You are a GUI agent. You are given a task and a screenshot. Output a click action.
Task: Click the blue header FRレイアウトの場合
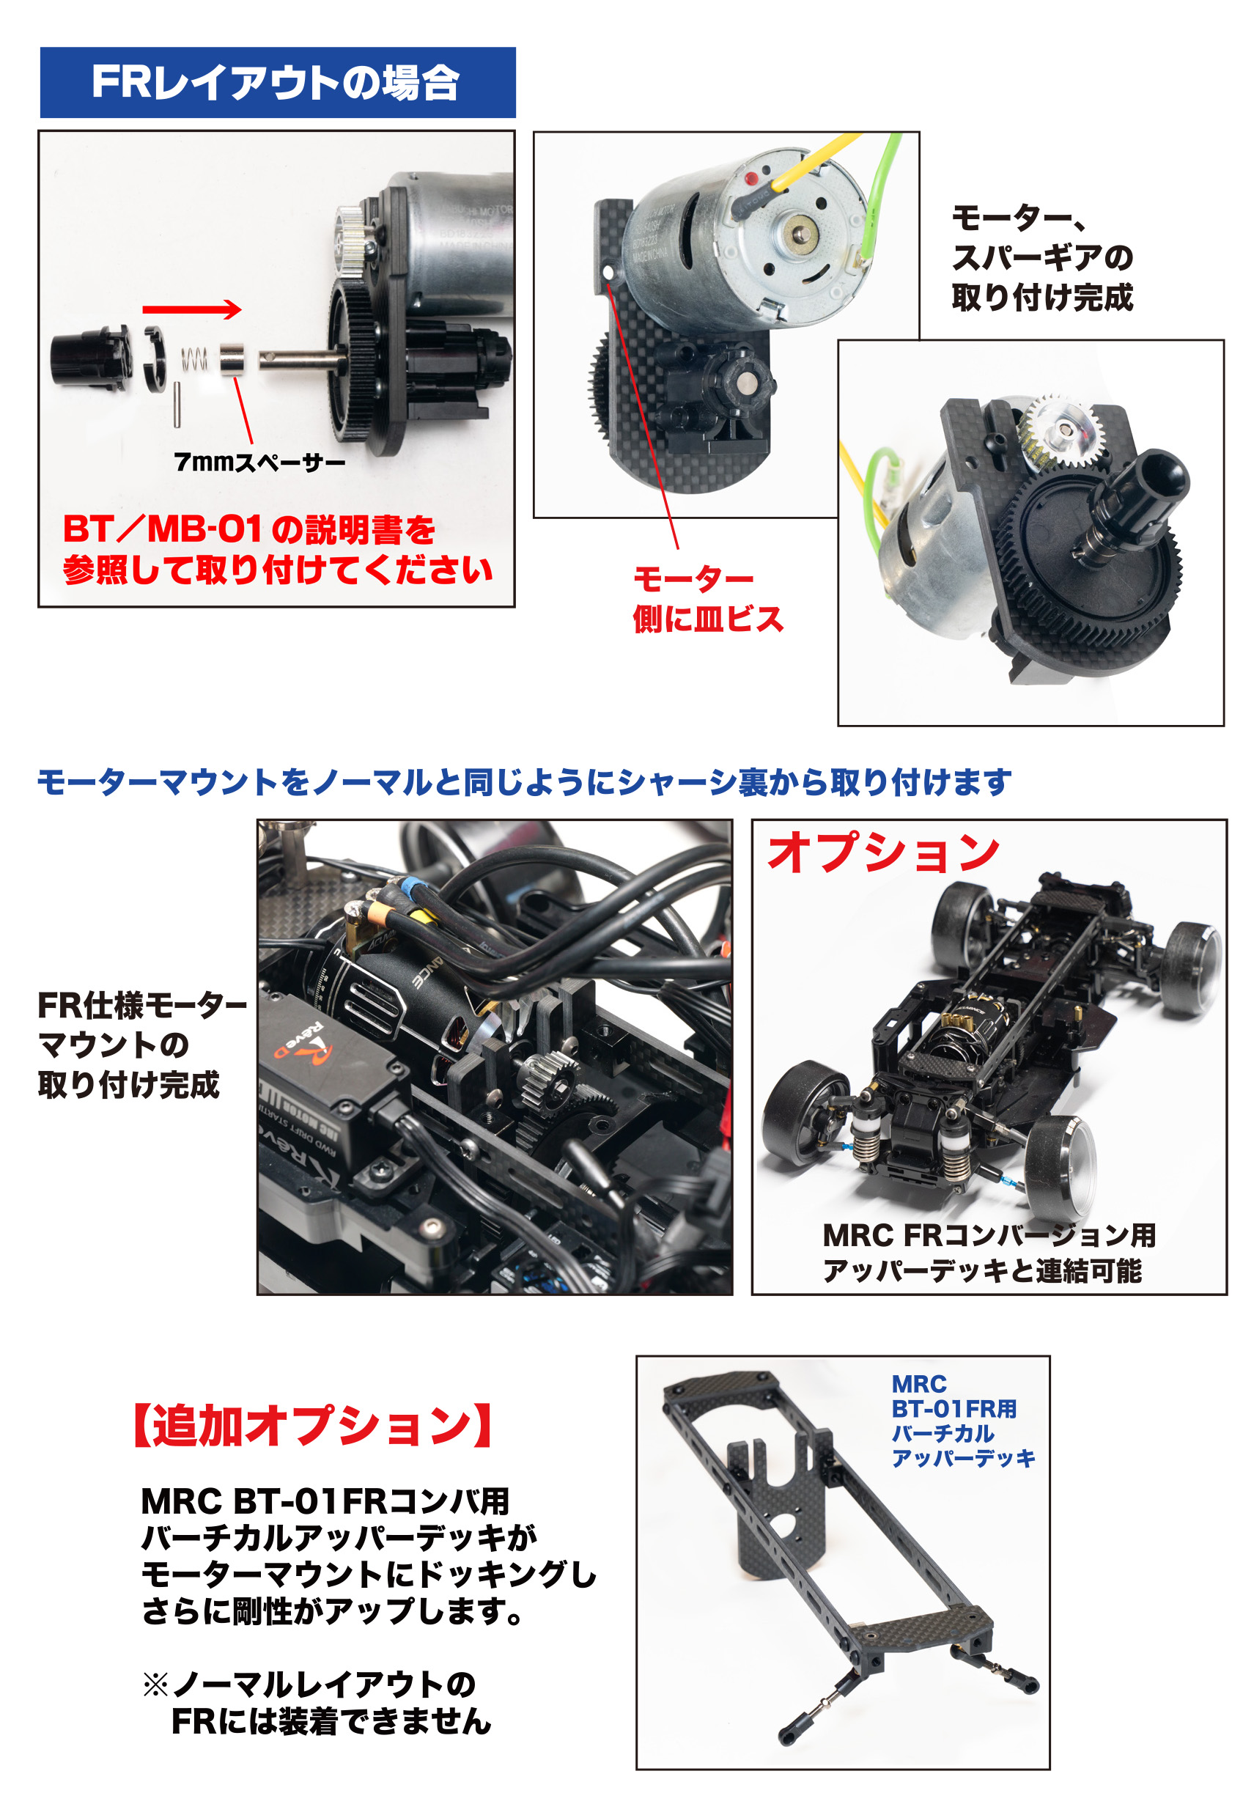[277, 83]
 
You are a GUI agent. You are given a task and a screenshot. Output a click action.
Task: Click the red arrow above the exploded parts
[192, 309]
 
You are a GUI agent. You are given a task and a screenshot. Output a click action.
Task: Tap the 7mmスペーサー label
[259, 462]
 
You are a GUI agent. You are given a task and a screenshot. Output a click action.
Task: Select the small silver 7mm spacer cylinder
[232, 359]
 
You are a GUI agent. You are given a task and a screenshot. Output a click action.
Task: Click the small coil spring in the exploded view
[195, 359]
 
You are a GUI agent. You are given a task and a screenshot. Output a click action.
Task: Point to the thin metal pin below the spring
[177, 405]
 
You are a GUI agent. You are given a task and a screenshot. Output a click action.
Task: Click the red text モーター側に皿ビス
[709, 599]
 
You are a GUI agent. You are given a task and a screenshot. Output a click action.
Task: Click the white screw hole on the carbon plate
[608, 273]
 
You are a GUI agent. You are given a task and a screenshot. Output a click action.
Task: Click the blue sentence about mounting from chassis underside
[524, 782]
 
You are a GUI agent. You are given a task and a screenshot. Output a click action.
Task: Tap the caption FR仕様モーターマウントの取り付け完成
[142, 1045]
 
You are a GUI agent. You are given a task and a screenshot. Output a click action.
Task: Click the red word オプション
[883, 853]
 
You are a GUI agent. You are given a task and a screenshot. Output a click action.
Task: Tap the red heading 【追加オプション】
[313, 1425]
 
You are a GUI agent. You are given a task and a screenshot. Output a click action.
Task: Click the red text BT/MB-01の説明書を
[249, 529]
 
